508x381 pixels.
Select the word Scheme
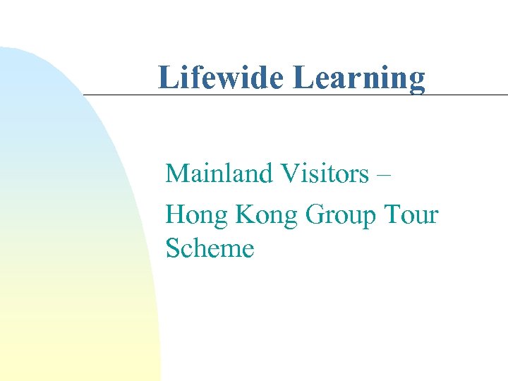pyautogui.click(x=210, y=248)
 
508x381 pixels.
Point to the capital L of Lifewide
pyautogui.click(x=167, y=77)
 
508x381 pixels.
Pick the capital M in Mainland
pyautogui.click(x=176, y=173)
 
